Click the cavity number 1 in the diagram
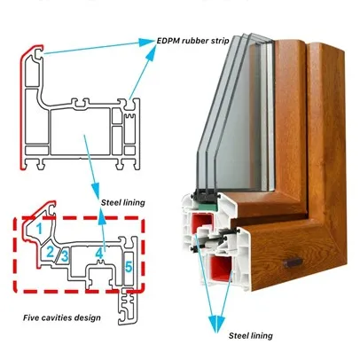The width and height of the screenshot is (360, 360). (x=39, y=229)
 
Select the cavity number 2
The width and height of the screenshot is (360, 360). (x=51, y=252)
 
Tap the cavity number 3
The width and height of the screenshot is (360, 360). (x=65, y=256)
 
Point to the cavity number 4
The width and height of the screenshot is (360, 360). (x=99, y=254)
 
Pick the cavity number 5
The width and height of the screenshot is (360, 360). (x=129, y=267)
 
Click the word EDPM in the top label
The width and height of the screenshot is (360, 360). (x=168, y=41)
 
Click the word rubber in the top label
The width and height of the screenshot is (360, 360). (x=194, y=41)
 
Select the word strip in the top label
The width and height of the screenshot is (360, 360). (x=219, y=41)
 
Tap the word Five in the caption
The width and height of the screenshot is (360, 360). (x=31, y=318)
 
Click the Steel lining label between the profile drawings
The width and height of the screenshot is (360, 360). (x=123, y=203)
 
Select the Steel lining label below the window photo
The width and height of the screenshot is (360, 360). (x=251, y=336)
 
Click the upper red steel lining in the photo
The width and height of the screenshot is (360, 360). (x=203, y=222)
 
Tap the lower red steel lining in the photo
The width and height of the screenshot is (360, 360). (x=221, y=268)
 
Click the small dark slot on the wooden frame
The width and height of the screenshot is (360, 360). (x=293, y=262)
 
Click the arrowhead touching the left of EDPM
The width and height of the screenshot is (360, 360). (x=147, y=43)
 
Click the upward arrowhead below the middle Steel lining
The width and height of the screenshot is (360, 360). (x=102, y=214)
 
